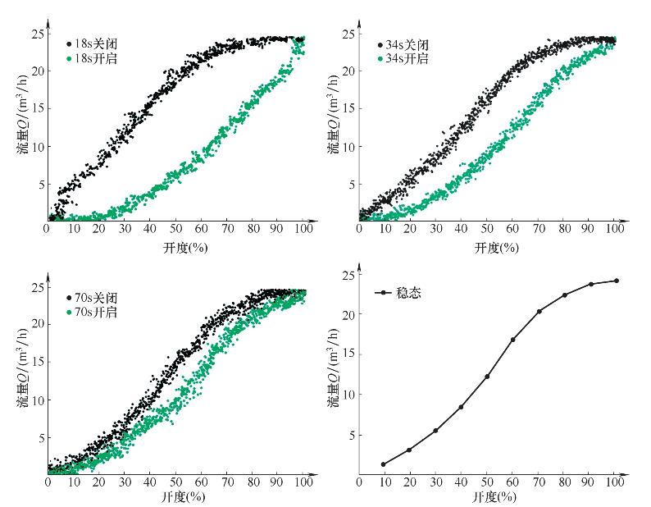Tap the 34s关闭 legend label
(x=403, y=45)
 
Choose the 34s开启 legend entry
(x=403, y=59)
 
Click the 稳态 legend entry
(x=402, y=292)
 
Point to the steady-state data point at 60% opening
(x=513, y=340)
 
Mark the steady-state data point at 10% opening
(x=383, y=464)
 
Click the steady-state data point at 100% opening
(x=617, y=281)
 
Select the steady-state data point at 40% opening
(x=461, y=407)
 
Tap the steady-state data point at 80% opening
(x=564, y=295)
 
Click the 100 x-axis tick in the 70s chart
(x=304, y=482)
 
